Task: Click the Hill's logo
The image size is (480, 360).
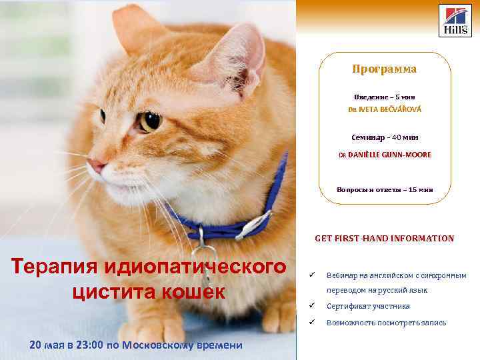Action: point(455,21)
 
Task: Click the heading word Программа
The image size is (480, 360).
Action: point(385,69)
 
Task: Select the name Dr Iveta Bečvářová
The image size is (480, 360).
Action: point(385,109)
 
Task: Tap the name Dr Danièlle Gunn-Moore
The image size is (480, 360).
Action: point(385,155)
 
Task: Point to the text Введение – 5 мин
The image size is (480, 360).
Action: point(385,97)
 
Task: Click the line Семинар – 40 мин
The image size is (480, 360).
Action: point(385,137)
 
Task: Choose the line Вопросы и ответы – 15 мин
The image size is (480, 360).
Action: point(385,190)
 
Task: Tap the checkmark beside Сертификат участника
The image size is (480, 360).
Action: point(312,305)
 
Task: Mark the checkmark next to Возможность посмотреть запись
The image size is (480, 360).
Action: point(312,322)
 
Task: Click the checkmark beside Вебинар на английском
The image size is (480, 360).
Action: point(312,275)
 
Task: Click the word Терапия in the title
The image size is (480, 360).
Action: point(54,266)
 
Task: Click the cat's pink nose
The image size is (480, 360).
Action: point(97,165)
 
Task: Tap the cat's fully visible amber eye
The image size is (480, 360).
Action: point(151,121)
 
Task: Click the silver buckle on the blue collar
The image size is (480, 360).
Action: point(254,225)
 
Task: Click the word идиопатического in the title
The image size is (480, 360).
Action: point(195,267)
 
